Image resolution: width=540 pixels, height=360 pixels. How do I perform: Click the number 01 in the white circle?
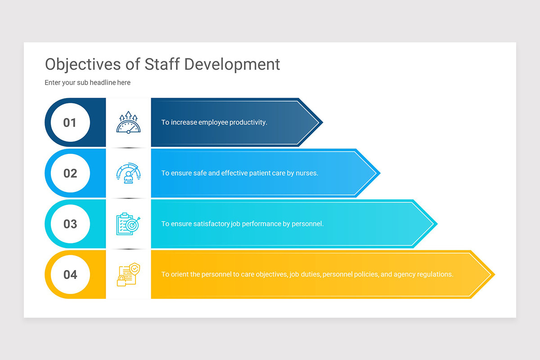70,122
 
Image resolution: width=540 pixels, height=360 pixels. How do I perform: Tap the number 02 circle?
70,173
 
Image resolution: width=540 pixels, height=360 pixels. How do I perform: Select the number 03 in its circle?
70,224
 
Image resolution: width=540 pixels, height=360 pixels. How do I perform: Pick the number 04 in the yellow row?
70,274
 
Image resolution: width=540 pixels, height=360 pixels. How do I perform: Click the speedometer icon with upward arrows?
128,122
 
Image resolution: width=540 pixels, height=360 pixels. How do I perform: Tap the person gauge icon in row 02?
128,173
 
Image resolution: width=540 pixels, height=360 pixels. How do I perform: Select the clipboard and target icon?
128,224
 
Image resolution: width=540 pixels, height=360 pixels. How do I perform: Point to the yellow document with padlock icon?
128,274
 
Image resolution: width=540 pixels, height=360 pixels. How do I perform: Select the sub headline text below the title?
87,83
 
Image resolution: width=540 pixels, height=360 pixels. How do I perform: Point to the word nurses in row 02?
306,173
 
